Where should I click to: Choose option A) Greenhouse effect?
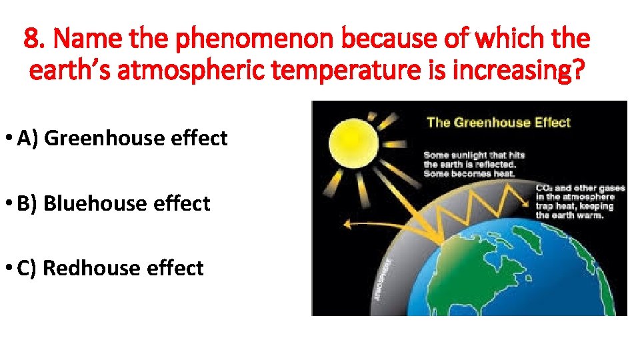(x=122, y=138)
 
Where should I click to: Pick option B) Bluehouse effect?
(x=113, y=203)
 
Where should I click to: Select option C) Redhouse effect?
(x=110, y=268)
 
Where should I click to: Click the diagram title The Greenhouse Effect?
(x=498, y=122)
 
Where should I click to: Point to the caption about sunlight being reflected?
(x=474, y=164)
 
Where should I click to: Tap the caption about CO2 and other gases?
(x=580, y=201)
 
